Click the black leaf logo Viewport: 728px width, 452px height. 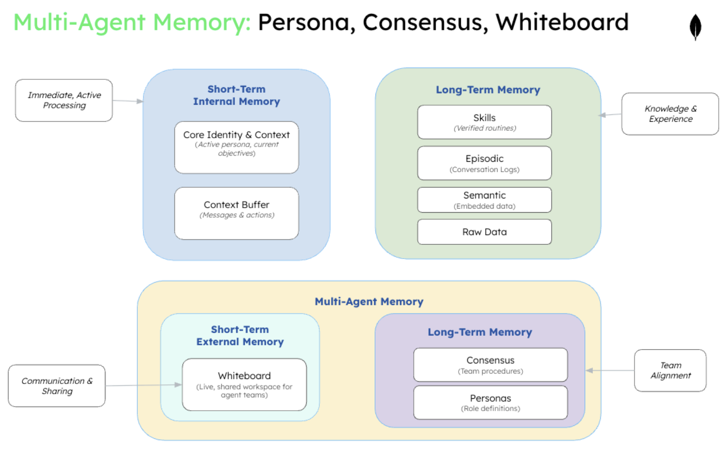click(695, 27)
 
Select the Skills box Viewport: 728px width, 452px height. click(484, 122)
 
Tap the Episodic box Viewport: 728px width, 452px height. click(484, 163)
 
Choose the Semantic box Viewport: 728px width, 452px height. click(484, 200)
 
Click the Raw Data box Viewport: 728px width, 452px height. click(484, 232)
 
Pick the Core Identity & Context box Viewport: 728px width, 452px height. click(236, 147)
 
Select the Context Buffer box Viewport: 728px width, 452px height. click(236, 213)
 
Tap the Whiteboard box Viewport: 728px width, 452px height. click(244, 384)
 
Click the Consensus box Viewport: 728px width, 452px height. click(490, 365)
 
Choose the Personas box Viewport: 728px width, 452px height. click(490, 402)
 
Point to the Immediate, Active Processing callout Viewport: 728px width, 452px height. click(64, 100)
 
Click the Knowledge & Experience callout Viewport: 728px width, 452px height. click(670, 114)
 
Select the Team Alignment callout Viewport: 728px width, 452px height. click(670, 370)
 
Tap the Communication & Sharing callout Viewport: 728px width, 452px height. click(57, 386)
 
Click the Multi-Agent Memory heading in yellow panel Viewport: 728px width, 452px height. click(369, 302)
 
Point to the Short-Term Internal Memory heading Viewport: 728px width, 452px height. click(236, 96)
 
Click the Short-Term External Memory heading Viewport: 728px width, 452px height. click(240, 336)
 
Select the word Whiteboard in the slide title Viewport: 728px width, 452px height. click(562, 22)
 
